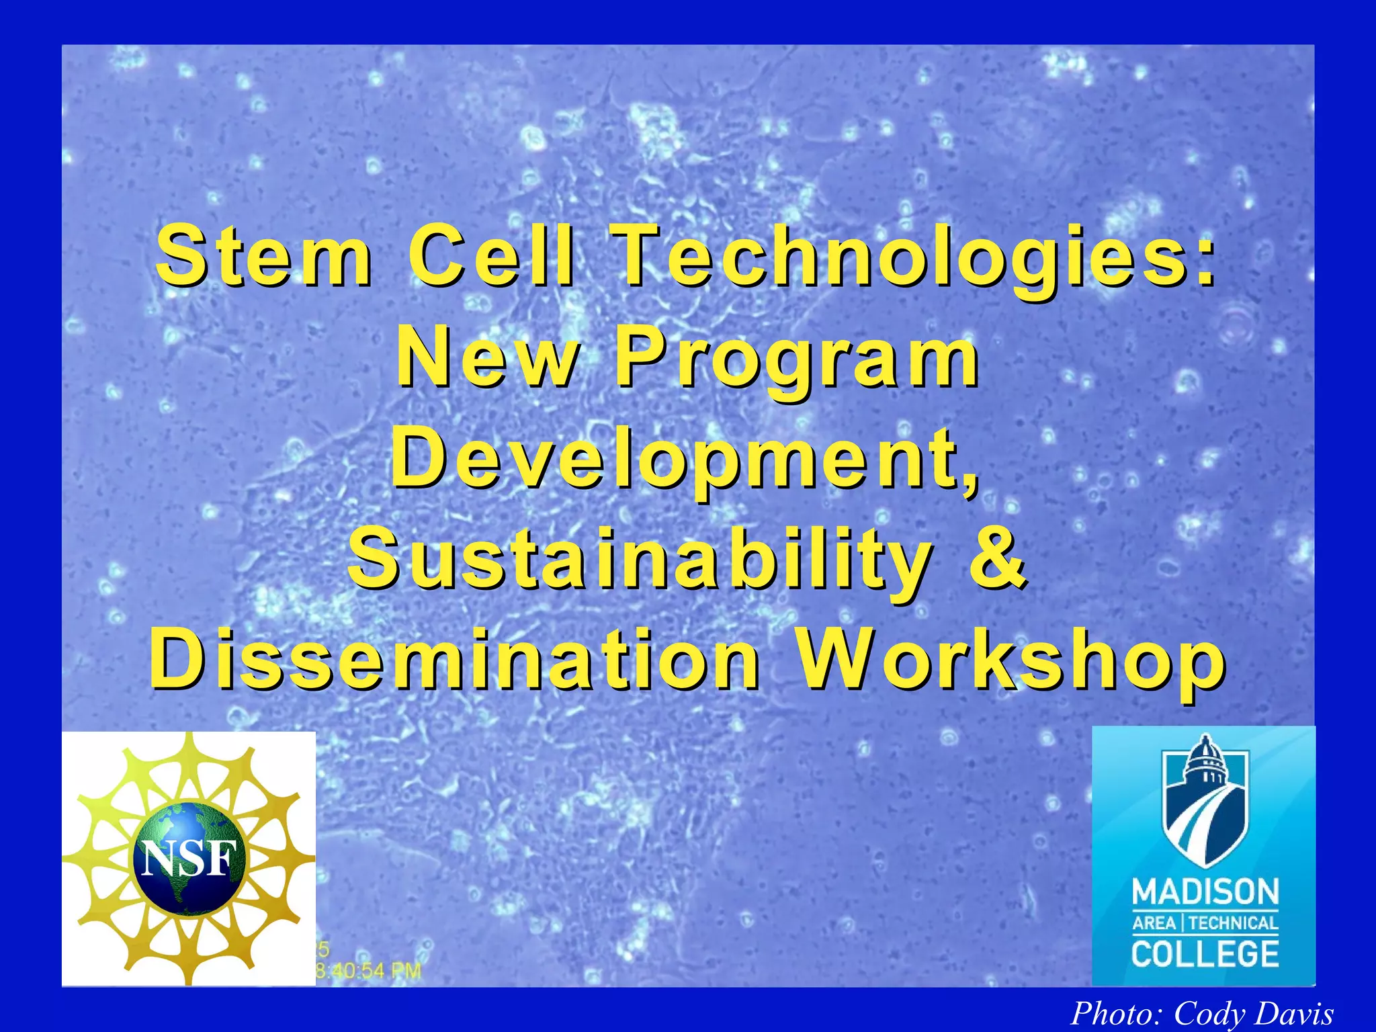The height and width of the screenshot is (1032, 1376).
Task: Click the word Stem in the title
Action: click(263, 257)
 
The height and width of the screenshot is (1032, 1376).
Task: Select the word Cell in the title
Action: click(491, 257)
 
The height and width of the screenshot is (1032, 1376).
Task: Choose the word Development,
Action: click(685, 460)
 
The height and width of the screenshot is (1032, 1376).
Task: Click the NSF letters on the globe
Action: click(191, 859)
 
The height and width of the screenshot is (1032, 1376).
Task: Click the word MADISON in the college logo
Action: click(1205, 892)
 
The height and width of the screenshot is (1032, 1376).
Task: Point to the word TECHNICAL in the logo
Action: click(1234, 923)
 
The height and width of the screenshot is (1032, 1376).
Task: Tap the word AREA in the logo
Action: click(1154, 923)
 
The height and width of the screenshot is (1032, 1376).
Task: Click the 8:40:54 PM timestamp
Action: click(368, 970)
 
